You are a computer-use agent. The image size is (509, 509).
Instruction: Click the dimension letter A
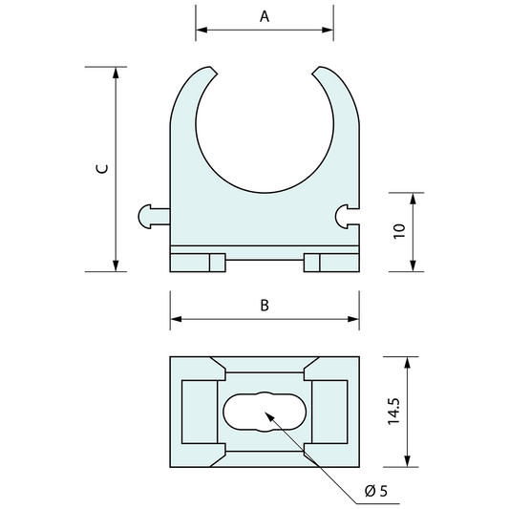coord(265,16)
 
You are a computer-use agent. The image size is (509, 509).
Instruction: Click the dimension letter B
coord(265,306)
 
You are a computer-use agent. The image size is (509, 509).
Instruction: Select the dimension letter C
coord(102,169)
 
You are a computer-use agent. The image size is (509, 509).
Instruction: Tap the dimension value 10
coord(400,230)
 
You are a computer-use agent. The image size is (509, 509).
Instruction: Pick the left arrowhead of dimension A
coord(201,30)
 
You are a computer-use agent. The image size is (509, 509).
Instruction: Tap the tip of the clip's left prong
coord(208,70)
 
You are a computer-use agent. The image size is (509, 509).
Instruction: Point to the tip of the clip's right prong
coord(321,70)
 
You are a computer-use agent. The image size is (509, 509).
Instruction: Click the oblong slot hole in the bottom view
coord(265,412)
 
